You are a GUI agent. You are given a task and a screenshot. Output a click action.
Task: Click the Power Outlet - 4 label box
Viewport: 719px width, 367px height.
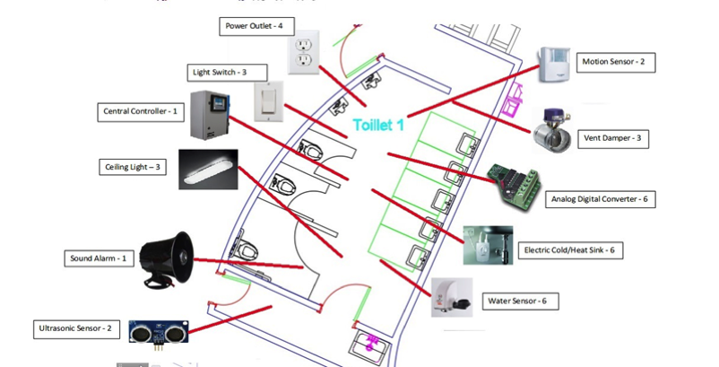tap(255, 26)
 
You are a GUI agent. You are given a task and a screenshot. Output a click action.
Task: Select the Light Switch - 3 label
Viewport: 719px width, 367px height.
tap(217, 71)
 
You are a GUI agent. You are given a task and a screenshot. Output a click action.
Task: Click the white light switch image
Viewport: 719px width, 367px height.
tap(266, 101)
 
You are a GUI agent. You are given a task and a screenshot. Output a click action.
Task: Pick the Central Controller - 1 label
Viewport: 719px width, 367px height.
tap(142, 111)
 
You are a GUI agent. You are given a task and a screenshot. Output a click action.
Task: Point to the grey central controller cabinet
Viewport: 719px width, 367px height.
tap(208, 115)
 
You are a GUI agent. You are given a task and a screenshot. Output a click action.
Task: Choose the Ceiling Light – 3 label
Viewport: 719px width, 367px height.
tap(132, 166)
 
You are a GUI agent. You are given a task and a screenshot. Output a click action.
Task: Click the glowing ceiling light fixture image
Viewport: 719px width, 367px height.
tap(207, 169)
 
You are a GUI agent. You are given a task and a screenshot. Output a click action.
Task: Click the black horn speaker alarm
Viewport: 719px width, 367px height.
tap(168, 260)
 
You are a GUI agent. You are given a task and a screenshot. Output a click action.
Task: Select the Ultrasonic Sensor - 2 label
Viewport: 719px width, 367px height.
tap(75, 328)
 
